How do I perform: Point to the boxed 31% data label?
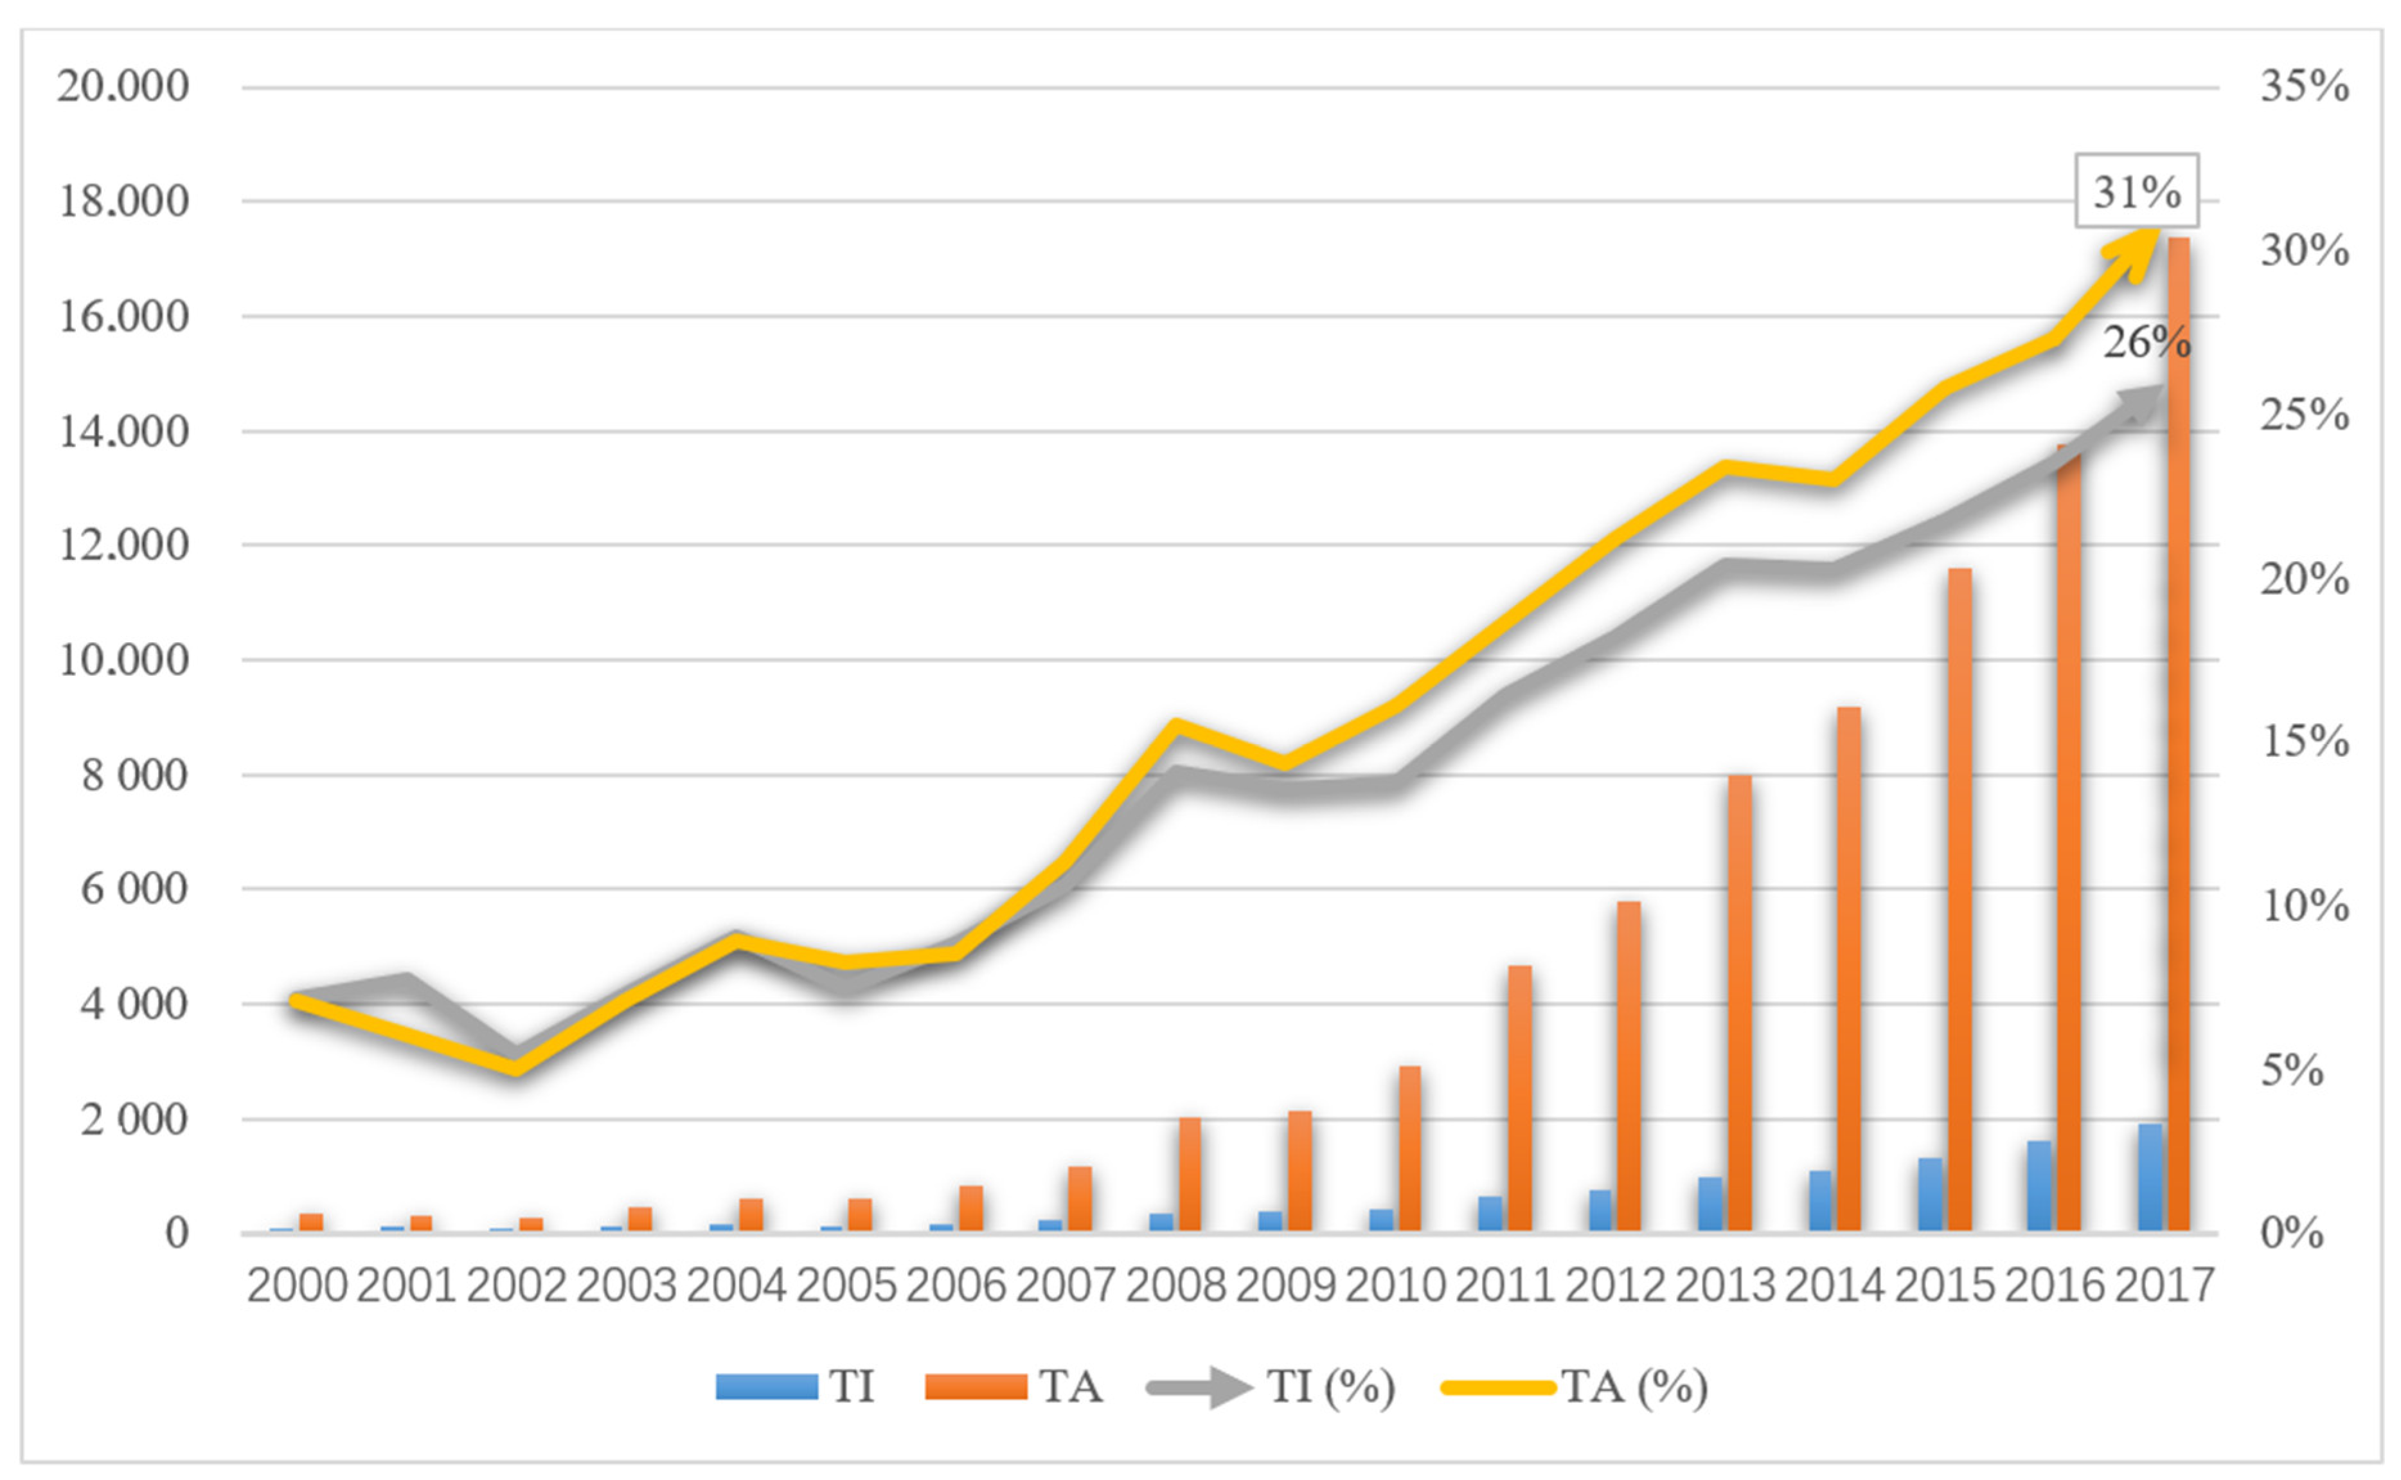tap(2137, 191)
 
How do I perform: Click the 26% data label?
tap(2147, 343)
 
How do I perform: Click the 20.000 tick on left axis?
tap(122, 86)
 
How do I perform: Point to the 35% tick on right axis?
tap(2303, 86)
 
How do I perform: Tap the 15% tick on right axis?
tap(2303, 742)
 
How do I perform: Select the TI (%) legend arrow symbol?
tap(1199, 1387)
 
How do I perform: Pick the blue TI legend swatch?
tap(766, 1387)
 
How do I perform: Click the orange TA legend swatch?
tap(976, 1387)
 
